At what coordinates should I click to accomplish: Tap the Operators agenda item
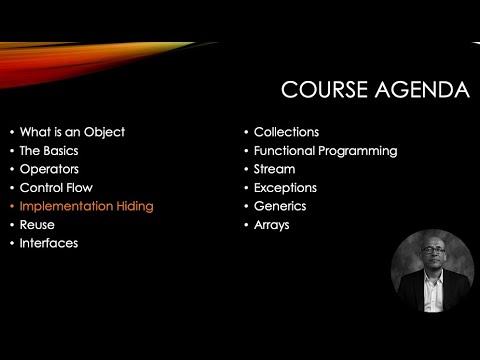(x=49, y=169)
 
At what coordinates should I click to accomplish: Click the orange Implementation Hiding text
(x=86, y=206)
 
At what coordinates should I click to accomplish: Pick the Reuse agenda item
(x=37, y=224)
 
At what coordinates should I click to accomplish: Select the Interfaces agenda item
(x=49, y=243)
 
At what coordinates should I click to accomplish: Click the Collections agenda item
(x=286, y=132)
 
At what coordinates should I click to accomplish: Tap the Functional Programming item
(x=325, y=150)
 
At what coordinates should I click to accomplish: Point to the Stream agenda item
(x=275, y=169)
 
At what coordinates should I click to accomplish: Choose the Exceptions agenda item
(x=285, y=187)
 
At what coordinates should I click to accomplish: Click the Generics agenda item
(x=280, y=206)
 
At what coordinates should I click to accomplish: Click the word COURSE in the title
(x=325, y=91)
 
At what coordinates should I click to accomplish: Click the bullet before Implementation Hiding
(x=11, y=206)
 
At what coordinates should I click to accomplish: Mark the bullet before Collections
(x=246, y=132)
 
